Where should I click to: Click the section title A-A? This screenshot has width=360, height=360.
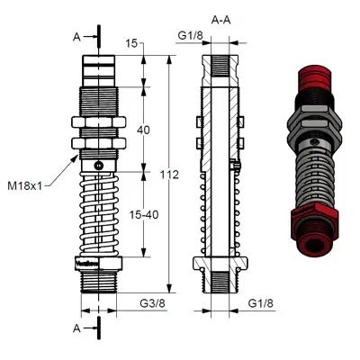coord(219,18)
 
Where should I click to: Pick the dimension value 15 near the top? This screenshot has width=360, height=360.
coord(133,43)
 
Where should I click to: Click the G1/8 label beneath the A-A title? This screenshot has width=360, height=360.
coord(190,36)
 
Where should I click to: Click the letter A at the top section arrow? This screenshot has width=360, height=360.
coord(76,37)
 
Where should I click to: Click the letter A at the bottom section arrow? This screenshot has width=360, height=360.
coord(76,328)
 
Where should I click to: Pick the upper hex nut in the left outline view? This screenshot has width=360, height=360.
coord(98,124)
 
